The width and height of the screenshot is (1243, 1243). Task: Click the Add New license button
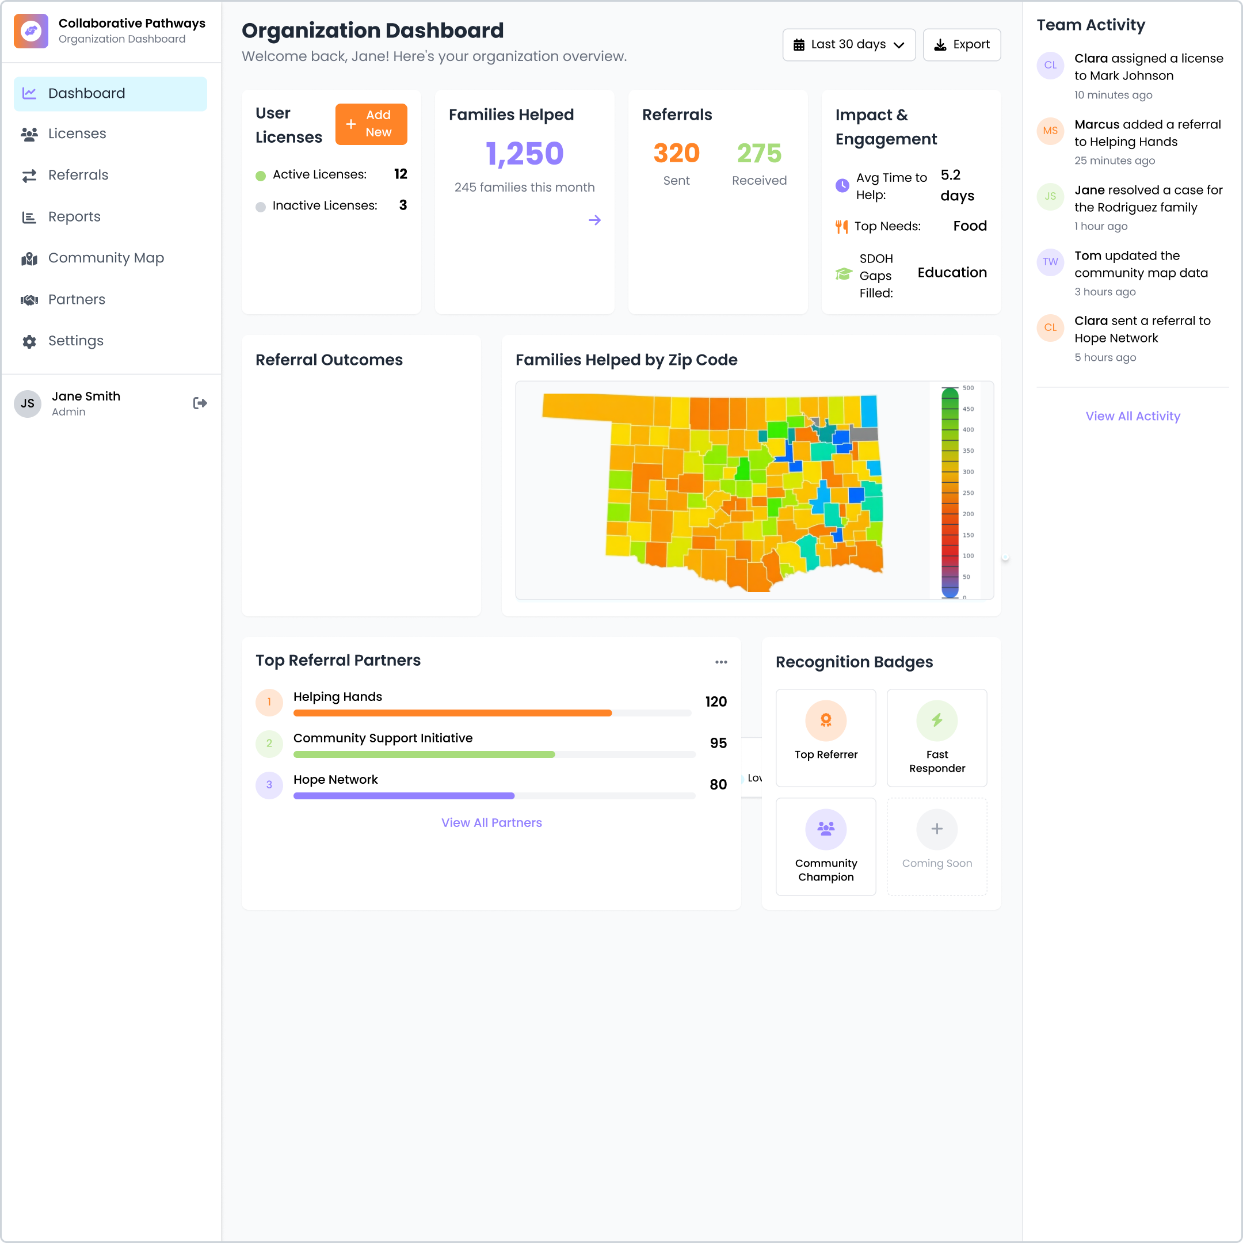tap(371, 124)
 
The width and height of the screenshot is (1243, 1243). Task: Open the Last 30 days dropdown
tap(848, 44)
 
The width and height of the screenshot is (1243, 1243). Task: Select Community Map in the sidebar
tap(105, 258)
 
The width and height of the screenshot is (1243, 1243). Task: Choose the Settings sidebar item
tap(75, 341)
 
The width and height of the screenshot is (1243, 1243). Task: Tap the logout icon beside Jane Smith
tap(200, 403)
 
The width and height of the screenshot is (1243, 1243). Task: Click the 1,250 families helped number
tap(524, 154)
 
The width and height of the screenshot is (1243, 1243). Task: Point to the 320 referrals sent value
tap(676, 153)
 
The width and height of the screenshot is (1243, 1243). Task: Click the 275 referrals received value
tap(758, 153)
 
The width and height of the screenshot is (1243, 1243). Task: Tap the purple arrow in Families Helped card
tap(594, 220)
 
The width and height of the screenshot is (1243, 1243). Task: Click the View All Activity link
tap(1133, 416)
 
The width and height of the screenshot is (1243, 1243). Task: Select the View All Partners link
tap(491, 822)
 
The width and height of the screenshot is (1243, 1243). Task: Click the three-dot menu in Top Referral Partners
tap(720, 662)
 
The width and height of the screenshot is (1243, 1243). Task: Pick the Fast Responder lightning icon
tap(937, 720)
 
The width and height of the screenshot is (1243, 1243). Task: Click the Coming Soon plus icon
tap(937, 829)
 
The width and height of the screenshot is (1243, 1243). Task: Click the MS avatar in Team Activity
tap(1050, 131)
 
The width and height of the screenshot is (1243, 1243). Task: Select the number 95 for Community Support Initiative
tap(718, 743)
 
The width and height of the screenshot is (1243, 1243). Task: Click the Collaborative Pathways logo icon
tap(31, 31)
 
